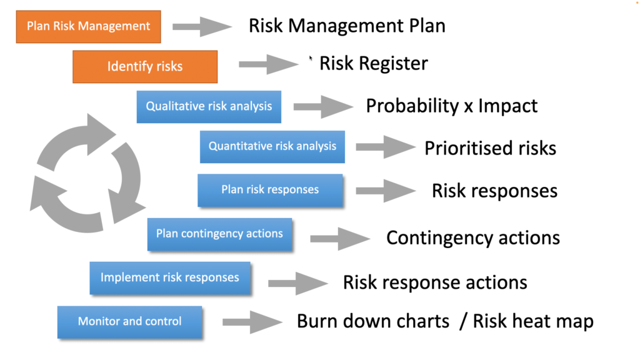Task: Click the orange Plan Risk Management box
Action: coord(89,26)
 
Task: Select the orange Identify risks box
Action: coord(145,66)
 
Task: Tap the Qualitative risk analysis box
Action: coord(209,106)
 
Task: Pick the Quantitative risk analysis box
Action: coord(272,146)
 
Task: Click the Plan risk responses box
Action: coord(270,190)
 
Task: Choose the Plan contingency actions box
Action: coord(219,234)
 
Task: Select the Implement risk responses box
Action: coord(170,278)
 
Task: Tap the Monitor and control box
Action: coord(130,322)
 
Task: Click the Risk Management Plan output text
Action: coord(347,26)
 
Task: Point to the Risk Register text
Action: coord(374,64)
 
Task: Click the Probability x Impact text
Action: coord(451,106)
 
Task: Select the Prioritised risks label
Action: coord(490,148)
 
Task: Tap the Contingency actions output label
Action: coord(473,238)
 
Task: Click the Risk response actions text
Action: coord(435,282)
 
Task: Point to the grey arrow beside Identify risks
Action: coord(269,64)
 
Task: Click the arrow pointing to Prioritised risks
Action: coord(386,147)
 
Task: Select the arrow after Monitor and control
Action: coord(252,322)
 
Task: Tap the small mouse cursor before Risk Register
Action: coord(311,58)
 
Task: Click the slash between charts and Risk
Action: coord(463,322)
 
